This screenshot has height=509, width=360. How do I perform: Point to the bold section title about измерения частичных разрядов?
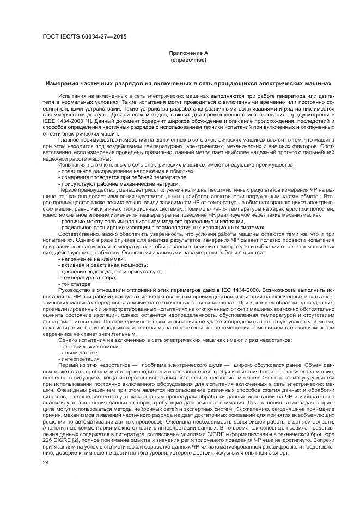click(x=188, y=84)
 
